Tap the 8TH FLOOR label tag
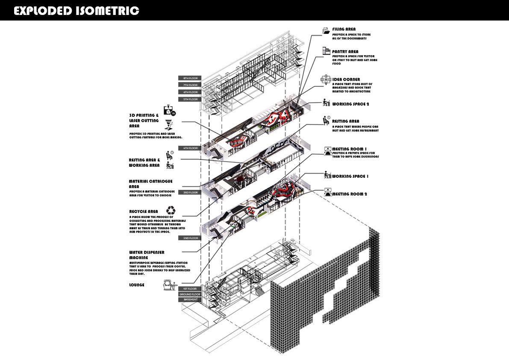click(x=188, y=78)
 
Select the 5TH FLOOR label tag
click(x=188, y=99)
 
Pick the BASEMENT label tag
click(x=190, y=300)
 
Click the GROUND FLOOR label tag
click(x=190, y=294)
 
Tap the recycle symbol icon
click(x=171, y=210)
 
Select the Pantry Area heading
click(x=345, y=52)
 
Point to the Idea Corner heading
click(x=346, y=80)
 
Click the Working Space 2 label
click(x=350, y=104)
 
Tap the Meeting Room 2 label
click(x=349, y=194)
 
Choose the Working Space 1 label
click(x=350, y=176)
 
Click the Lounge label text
click(x=137, y=285)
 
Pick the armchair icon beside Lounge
click(x=171, y=284)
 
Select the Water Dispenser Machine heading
click(x=147, y=255)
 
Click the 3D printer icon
click(x=170, y=111)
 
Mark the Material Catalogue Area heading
click(x=150, y=184)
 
